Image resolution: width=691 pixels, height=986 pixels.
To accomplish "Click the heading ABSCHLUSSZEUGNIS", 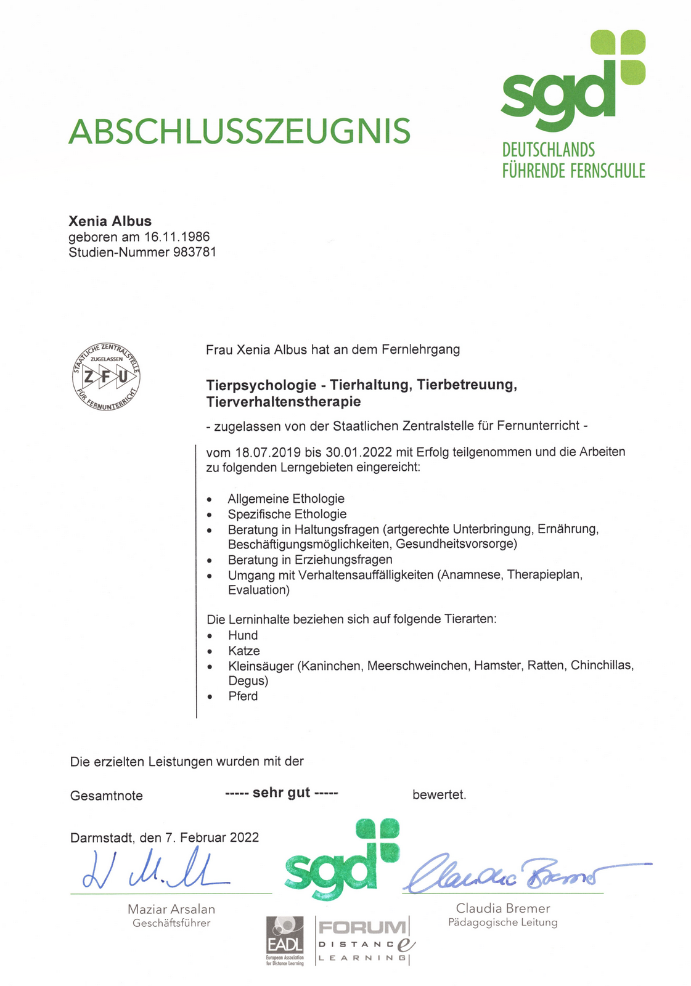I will pyautogui.click(x=239, y=131).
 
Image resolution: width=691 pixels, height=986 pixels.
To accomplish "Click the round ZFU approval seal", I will pyautogui.click(x=106, y=377).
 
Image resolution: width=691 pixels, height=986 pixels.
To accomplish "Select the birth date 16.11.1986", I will pyautogui.click(x=177, y=237).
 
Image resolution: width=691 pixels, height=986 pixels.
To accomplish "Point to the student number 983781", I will pyautogui.click(x=195, y=252).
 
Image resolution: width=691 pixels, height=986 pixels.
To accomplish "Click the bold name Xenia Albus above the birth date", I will pyautogui.click(x=110, y=221).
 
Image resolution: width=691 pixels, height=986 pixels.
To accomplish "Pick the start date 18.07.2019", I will pyautogui.click(x=268, y=452).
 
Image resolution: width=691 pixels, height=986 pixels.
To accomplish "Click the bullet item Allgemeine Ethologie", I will pyautogui.click(x=286, y=499).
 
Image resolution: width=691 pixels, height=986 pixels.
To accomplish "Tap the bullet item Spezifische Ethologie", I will pyautogui.click(x=287, y=514).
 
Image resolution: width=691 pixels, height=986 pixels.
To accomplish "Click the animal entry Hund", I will pyautogui.click(x=243, y=635).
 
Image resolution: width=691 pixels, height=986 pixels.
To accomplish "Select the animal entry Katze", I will pyautogui.click(x=244, y=651).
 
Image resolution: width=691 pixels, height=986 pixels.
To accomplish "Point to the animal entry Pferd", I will pyautogui.click(x=243, y=696).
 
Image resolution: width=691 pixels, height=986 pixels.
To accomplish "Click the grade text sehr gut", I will pyautogui.click(x=281, y=792).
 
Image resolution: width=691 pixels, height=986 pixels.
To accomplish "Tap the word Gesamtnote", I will pyautogui.click(x=107, y=796).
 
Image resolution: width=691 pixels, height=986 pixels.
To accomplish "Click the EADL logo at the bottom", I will pyautogui.click(x=285, y=940).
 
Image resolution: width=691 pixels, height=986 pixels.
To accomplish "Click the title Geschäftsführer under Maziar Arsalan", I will pyautogui.click(x=171, y=923).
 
